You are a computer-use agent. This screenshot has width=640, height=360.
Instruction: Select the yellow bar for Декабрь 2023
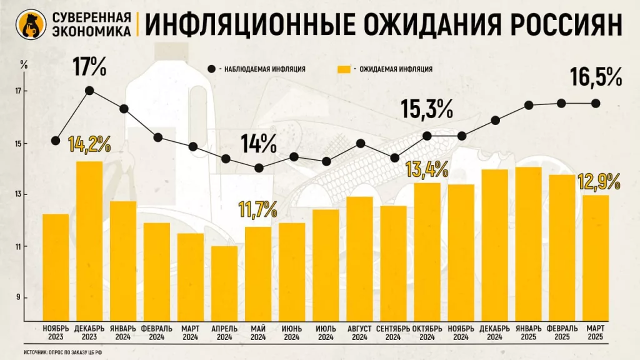click(89, 241)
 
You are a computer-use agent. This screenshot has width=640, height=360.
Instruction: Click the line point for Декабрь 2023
click(89, 91)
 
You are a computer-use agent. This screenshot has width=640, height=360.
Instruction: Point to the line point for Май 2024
click(259, 167)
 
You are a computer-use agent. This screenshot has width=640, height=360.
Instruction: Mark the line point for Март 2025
click(596, 103)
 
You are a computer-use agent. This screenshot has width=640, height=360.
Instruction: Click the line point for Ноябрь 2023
click(56, 140)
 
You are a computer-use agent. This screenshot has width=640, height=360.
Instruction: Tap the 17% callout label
click(89, 67)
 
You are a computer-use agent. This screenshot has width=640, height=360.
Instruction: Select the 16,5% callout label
click(596, 78)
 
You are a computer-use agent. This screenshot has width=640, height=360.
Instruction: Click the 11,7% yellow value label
click(259, 209)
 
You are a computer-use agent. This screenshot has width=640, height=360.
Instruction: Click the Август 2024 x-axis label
click(359, 332)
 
